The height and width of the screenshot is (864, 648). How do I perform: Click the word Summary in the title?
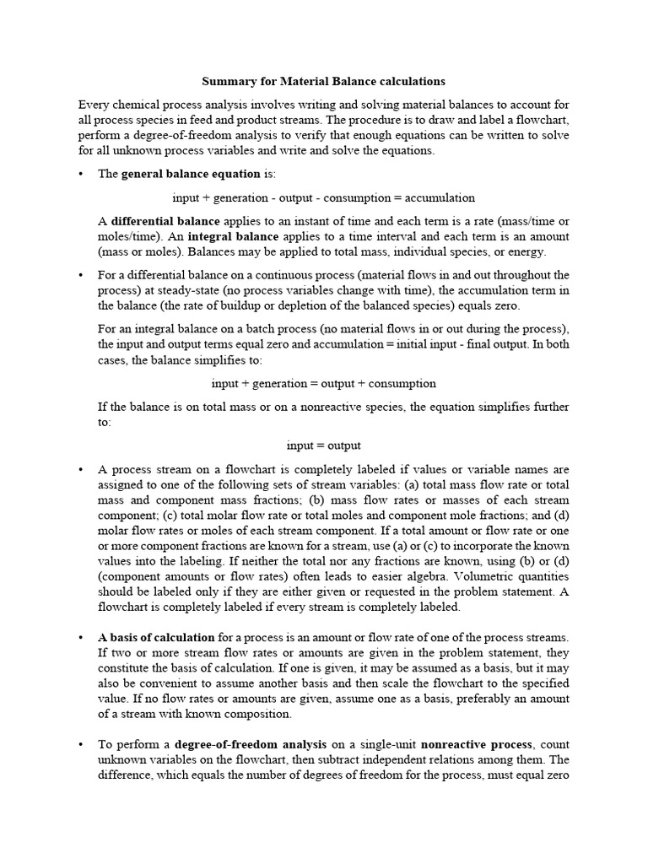click(227, 82)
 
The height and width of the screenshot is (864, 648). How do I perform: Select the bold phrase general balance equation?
click(191, 174)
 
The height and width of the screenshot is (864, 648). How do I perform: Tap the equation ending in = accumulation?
click(323, 197)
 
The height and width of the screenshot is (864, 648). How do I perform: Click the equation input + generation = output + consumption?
click(323, 383)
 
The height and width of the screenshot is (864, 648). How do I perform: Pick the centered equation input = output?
click(323, 445)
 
